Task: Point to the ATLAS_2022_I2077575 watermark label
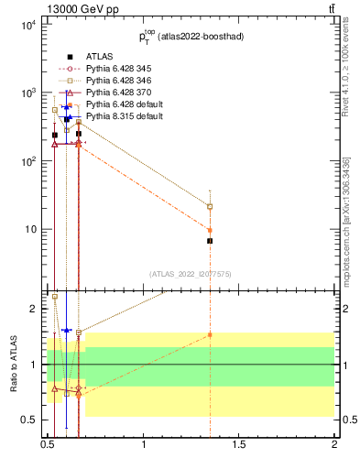pos(191,273)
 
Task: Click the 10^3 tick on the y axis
pos(27,93)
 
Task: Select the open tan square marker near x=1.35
pos(210,207)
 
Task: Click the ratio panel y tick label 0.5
pos(30,420)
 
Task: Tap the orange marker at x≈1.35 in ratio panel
pos(210,335)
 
